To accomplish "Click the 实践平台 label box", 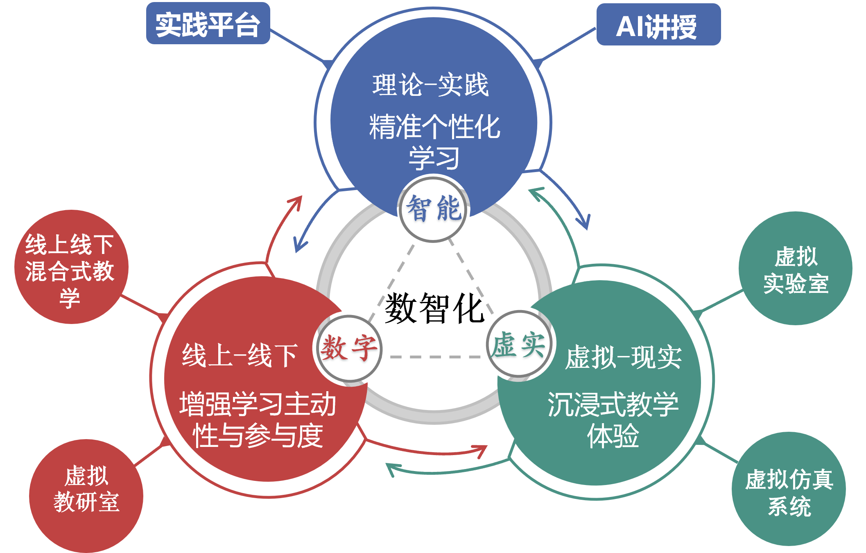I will tap(208, 23).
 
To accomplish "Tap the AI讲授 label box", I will tap(658, 25).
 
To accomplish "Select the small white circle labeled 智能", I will tap(433, 209).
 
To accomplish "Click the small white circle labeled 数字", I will tap(349, 348).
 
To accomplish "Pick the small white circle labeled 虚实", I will tap(519, 344).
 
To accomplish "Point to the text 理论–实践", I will tap(430, 85).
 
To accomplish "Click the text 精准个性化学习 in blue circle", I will tap(434, 141).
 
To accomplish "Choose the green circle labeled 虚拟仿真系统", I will tap(789, 489).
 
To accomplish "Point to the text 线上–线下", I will tap(240, 355).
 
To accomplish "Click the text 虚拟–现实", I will tap(623, 357).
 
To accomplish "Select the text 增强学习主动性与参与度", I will tap(258, 420).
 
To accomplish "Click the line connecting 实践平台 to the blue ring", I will tap(299, 46).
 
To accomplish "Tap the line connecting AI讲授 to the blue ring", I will tap(567, 45).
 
